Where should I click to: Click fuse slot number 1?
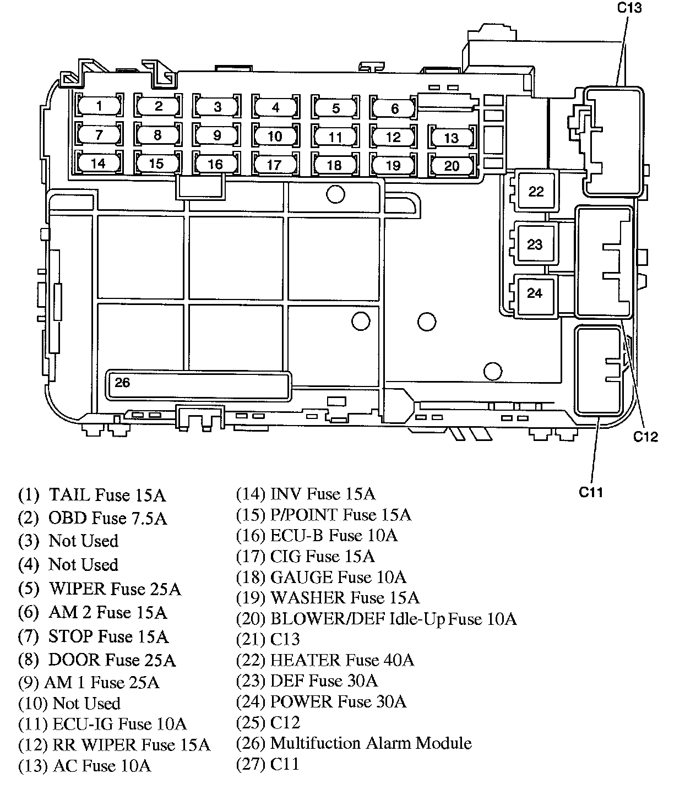99,105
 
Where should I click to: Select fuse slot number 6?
394,107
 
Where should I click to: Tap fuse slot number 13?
452,138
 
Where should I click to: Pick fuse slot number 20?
452,166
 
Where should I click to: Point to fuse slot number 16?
216,164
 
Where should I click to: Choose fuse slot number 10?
275,136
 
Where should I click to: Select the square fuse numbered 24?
534,293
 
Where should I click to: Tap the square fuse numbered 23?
534,244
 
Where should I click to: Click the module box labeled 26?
198,386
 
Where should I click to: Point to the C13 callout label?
629,8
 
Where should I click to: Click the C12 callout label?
645,437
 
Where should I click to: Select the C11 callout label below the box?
591,493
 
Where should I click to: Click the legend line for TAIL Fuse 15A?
92,495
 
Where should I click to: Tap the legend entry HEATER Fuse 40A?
325,660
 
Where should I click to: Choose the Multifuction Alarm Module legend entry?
354,743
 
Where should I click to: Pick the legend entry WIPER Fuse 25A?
100,589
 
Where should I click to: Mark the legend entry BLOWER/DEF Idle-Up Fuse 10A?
376,619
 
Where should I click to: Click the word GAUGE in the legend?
302,577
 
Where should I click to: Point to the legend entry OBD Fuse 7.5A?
93,518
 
